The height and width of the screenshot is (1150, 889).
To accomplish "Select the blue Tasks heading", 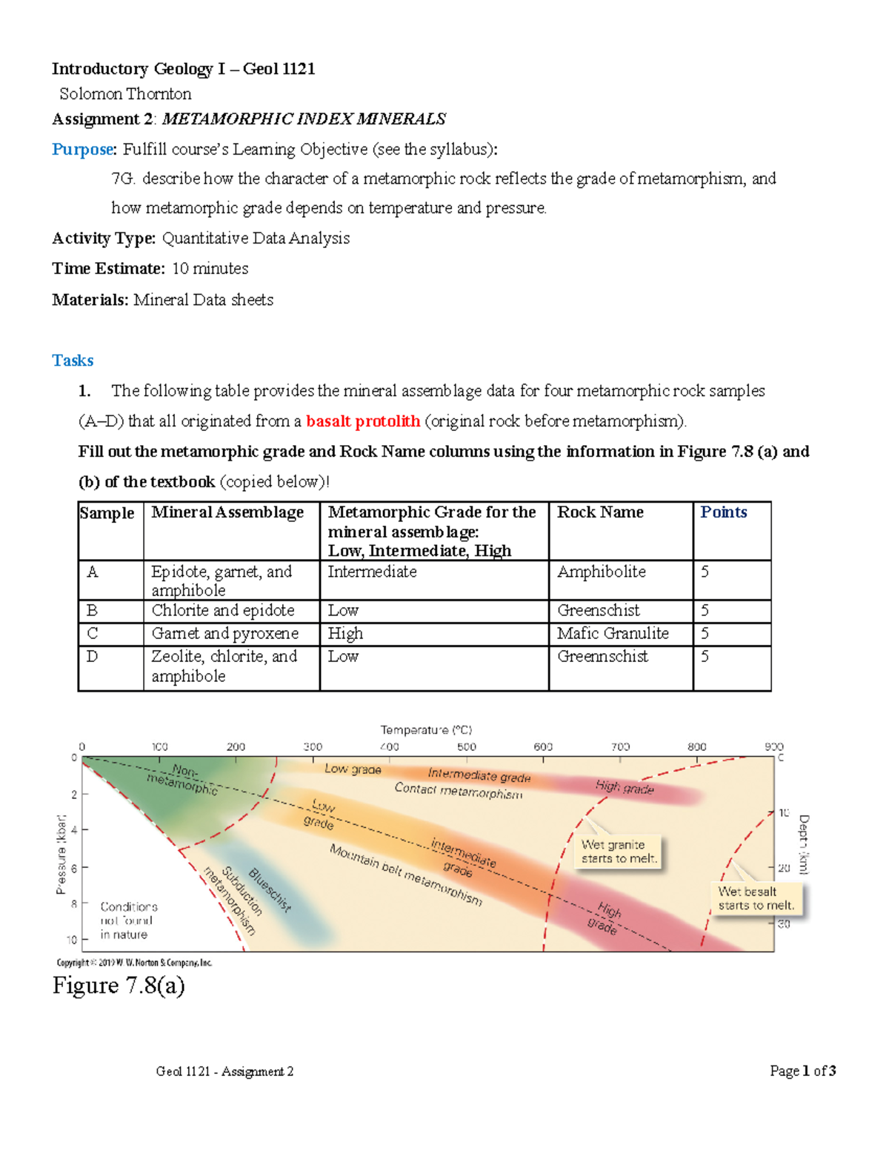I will [73, 361].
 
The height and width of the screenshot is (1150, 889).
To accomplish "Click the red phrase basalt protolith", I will [363, 421].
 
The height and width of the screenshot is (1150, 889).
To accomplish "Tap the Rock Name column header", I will [600, 512].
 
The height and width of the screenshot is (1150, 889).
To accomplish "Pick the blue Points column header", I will [723, 512].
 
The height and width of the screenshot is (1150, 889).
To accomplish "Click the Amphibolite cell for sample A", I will [602, 572].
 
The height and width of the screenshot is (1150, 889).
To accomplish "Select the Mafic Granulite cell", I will [613, 634].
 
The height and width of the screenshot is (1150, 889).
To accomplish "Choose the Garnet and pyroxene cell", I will [224, 634].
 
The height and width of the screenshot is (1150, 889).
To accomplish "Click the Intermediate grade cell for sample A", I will [372, 572].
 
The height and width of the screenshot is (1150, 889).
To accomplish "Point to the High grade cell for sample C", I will [345, 634].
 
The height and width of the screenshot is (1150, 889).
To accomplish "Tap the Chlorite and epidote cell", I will [223, 610].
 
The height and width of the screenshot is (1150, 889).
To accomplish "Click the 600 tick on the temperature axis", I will [543, 747].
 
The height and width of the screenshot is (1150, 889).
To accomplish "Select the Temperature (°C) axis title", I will [426, 730].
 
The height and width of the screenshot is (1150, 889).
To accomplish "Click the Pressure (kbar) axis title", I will [61, 855].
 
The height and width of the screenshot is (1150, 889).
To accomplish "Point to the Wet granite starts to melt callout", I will [619, 852].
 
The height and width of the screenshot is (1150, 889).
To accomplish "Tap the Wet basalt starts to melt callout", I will [756, 898].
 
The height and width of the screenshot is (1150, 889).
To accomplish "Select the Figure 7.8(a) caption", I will [119, 986].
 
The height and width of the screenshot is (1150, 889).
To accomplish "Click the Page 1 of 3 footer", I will [802, 1071].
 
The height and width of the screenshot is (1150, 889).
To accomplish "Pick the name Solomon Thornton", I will [125, 94].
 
